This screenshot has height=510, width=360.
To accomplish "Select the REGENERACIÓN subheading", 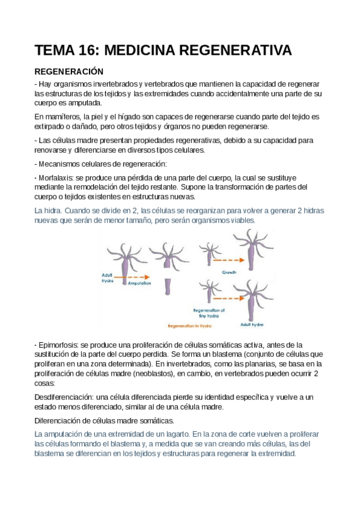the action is [69, 70].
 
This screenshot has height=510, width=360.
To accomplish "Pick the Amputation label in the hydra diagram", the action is [138, 282].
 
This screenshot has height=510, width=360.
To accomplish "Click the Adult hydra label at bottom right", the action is [253, 324].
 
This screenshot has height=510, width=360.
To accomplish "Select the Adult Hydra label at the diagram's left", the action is [109, 279].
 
